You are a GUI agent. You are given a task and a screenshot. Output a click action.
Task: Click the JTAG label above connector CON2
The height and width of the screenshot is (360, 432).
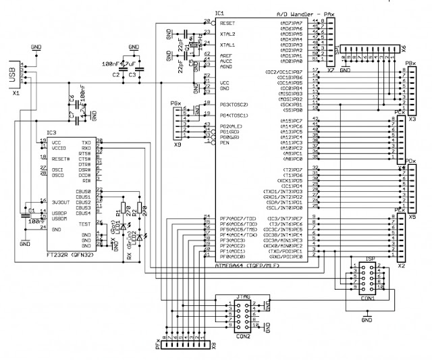244,295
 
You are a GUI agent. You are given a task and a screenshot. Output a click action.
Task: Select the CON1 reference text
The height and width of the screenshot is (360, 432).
367,297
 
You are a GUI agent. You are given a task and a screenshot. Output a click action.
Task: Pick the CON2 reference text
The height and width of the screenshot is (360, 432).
244,336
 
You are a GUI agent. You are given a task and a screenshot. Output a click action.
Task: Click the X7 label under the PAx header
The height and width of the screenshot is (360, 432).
330,70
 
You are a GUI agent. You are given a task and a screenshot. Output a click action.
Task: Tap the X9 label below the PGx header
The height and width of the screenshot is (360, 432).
177,145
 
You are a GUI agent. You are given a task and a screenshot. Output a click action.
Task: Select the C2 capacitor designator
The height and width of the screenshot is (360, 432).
116,74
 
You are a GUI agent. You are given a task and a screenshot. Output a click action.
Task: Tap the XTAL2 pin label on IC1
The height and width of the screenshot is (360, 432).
229,32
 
